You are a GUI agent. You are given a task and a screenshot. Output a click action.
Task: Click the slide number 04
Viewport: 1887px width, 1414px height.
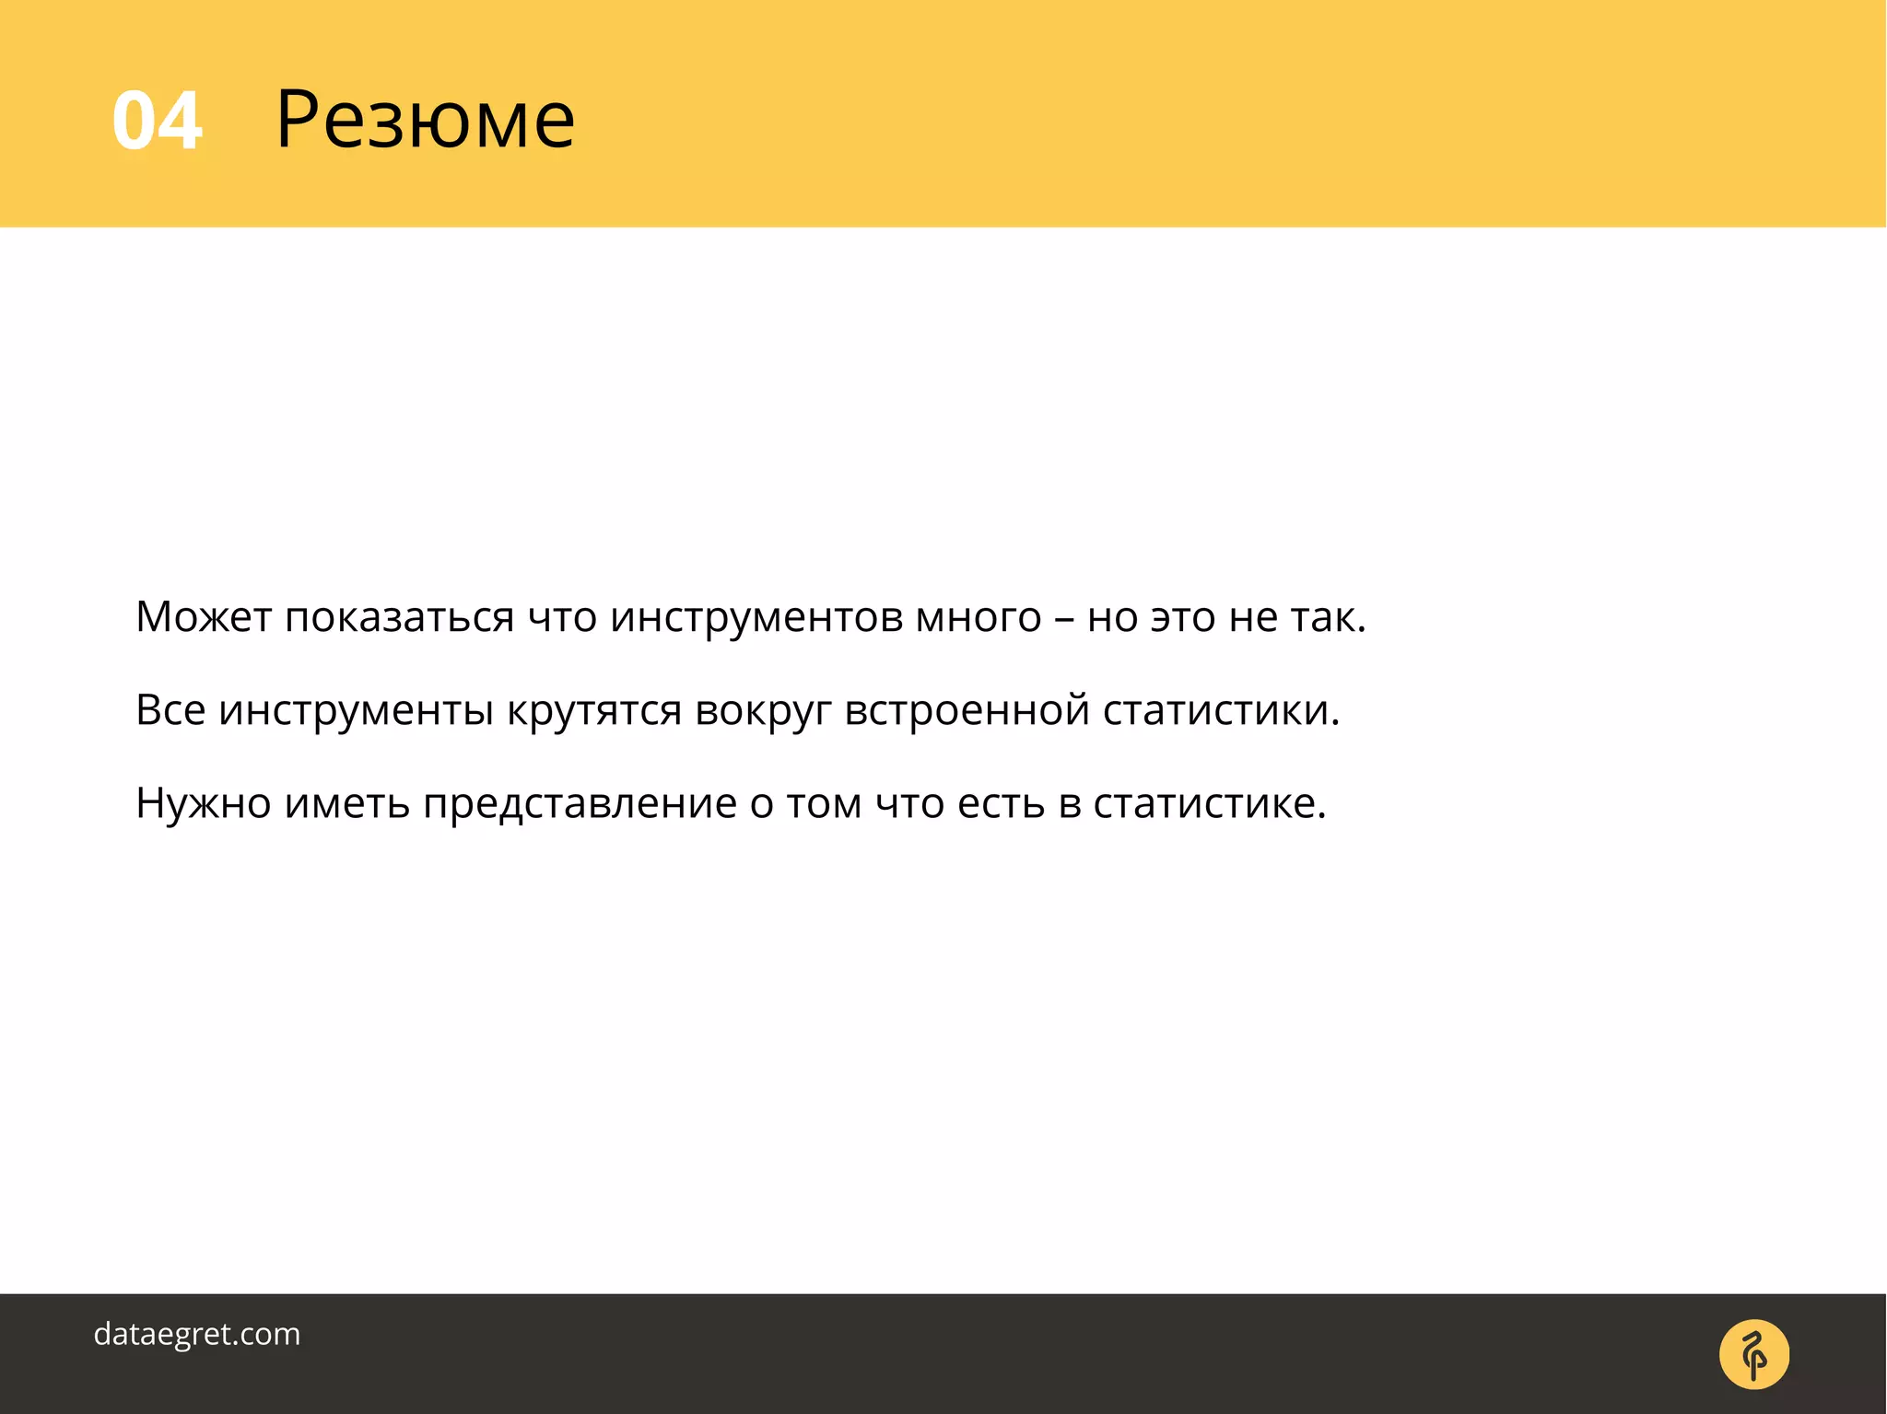pyautogui.click(x=157, y=122)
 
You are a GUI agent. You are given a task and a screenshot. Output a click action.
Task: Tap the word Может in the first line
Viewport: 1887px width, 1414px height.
pyautogui.click(x=204, y=616)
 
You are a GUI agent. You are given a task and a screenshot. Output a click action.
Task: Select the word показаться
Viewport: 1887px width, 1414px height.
pyautogui.click(x=399, y=618)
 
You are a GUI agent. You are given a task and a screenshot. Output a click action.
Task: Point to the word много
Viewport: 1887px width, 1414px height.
pyautogui.click(x=978, y=618)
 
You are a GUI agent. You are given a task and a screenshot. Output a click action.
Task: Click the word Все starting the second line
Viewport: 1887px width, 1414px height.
pyautogui.click(x=170, y=709)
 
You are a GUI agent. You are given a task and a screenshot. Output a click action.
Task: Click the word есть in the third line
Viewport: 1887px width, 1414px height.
pyautogui.click(x=1001, y=803)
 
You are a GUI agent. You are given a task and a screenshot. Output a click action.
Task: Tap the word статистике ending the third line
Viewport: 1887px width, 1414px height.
pyautogui.click(x=1205, y=803)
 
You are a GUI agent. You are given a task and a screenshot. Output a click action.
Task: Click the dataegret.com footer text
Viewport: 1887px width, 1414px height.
pyautogui.click(x=197, y=1334)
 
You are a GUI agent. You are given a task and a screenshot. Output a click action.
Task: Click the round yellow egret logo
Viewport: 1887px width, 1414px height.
pyautogui.click(x=1753, y=1354)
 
